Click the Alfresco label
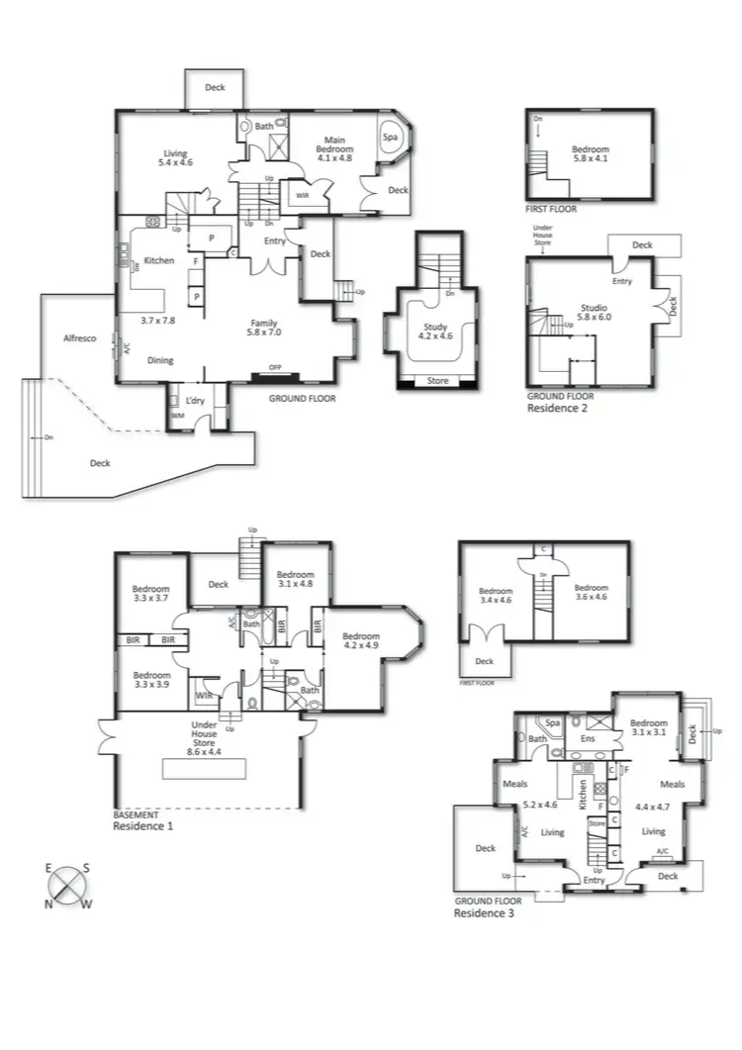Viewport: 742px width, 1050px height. pyautogui.click(x=79, y=338)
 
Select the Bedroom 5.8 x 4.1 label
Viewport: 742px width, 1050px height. pyautogui.click(x=591, y=155)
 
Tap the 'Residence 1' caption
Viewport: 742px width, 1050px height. pyautogui.click(x=142, y=824)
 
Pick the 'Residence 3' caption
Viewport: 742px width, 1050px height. pyautogui.click(x=483, y=913)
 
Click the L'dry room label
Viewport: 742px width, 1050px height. pyautogui.click(x=194, y=401)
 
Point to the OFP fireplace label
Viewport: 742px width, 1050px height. pyautogui.click(x=275, y=368)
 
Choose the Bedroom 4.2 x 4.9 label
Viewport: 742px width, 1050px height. pyautogui.click(x=362, y=641)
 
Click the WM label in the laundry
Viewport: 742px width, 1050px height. pyautogui.click(x=177, y=416)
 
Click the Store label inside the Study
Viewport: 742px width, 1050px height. pyautogui.click(x=436, y=380)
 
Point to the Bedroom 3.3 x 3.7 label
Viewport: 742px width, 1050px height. pyautogui.click(x=151, y=593)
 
